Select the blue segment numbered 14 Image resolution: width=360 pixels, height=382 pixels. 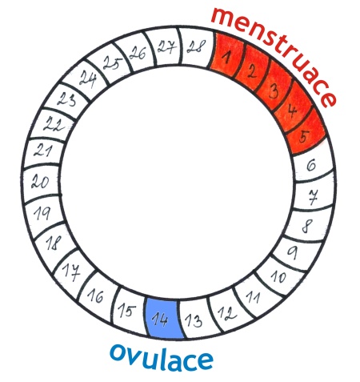click(163, 318)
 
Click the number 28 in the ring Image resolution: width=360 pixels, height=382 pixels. click(196, 46)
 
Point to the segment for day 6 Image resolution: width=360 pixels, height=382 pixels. click(313, 164)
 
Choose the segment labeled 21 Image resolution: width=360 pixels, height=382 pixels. click(43, 151)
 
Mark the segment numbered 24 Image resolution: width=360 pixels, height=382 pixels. click(86, 79)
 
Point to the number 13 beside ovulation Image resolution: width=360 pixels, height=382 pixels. click(194, 321)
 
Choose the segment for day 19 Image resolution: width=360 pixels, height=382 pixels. click(43, 214)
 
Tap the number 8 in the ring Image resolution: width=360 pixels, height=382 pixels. click(307, 226)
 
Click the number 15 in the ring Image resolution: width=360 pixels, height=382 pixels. click(127, 311)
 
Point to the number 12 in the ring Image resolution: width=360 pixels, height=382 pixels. click(227, 313)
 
